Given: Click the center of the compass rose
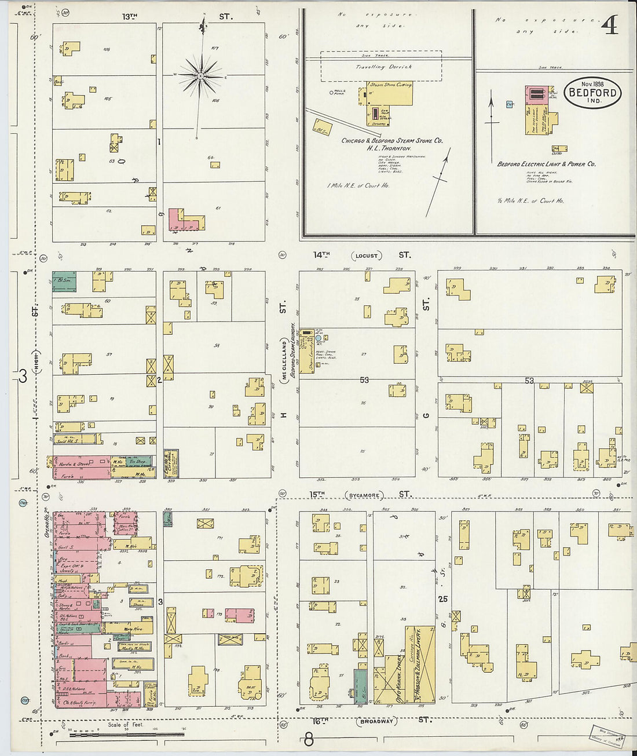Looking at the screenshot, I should (200, 76).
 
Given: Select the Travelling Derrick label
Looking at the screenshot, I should (383, 67).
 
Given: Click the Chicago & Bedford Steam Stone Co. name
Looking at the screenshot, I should (392, 141).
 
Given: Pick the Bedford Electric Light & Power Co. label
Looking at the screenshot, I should (547, 165).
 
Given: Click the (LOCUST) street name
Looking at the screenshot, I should (366, 255).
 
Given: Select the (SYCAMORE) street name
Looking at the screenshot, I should (364, 495).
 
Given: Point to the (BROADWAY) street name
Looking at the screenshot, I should (377, 721).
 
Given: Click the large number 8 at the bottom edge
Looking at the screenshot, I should (309, 740).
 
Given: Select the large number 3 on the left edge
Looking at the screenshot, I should (23, 377).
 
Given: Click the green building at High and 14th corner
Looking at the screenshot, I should (64, 281).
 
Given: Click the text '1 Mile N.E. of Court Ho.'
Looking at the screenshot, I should (358, 186).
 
